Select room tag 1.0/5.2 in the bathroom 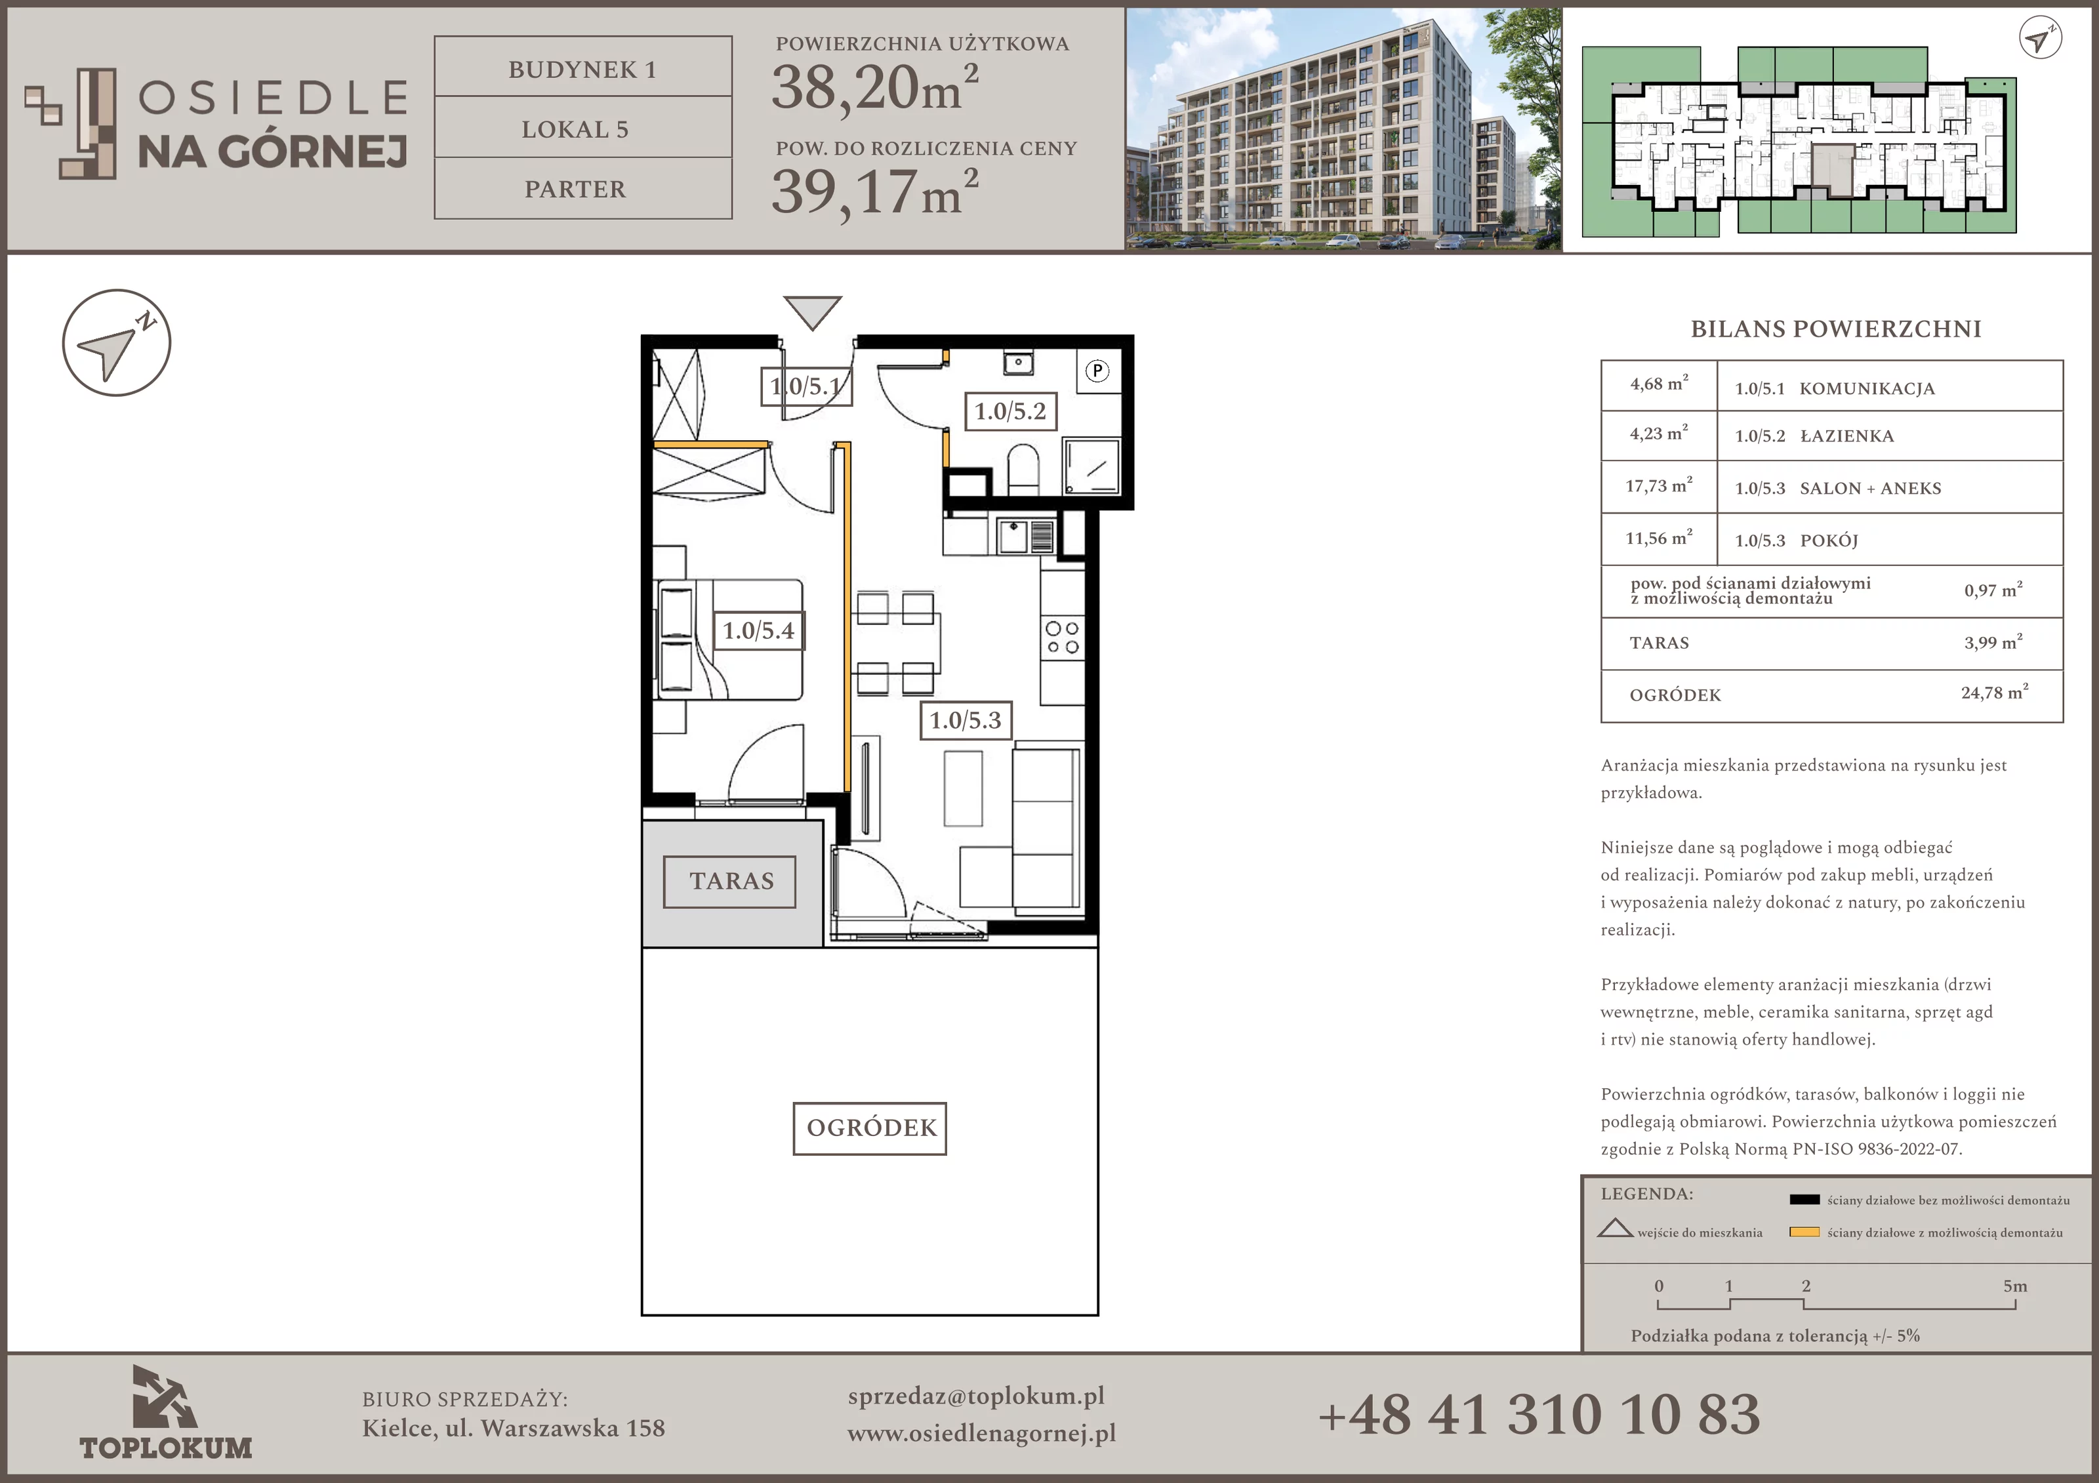[1010, 411]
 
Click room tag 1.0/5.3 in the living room [966, 720]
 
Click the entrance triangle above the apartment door [812, 312]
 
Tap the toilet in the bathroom [1023, 468]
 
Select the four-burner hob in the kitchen [1063, 638]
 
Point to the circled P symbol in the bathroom [1097, 371]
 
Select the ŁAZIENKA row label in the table [1846, 436]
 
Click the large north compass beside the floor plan [117, 343]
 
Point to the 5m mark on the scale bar [2015, 1286]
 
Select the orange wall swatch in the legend [1804, 1232]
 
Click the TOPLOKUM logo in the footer [165, 1413]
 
